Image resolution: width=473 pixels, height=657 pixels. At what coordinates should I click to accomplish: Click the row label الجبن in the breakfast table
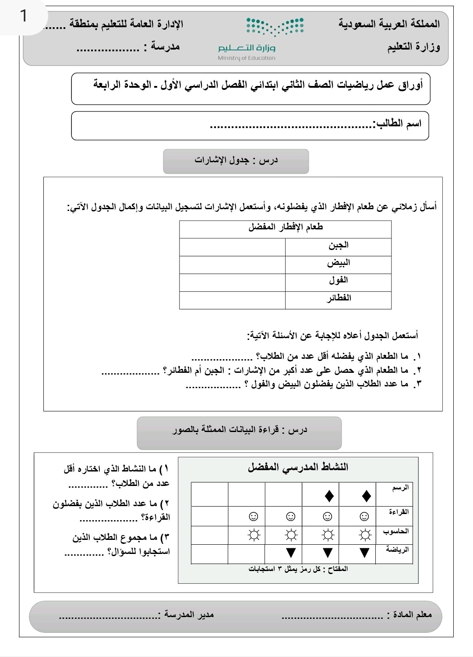[x=338, y=246]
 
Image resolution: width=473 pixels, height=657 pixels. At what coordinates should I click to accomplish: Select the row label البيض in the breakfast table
[x=338, y=263]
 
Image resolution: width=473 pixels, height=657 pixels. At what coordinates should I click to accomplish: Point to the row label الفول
[x=338, y=281]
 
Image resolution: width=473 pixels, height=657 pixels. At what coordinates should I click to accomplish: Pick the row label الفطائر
[x=339, y=299]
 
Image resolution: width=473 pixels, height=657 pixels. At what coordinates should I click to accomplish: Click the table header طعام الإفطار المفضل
[x=286, y=227]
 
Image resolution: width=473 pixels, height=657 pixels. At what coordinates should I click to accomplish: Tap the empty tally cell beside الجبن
[x=232, y=246]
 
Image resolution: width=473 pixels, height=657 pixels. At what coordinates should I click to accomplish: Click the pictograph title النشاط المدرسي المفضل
[x=298, y=467]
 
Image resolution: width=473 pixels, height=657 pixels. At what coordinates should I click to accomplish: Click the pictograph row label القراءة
[x=399, y=512]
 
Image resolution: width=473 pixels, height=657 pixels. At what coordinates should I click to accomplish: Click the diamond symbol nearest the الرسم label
[x=367, y=496]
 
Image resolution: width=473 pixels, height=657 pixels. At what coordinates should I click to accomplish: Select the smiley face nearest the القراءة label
[x=364, y=517]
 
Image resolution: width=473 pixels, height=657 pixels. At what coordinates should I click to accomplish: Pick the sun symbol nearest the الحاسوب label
[x=364, y=535]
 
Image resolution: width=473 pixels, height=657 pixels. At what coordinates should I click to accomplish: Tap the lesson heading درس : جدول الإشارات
[x=236, y=160]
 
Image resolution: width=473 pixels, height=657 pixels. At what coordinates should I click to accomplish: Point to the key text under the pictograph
[x=298, y=569]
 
